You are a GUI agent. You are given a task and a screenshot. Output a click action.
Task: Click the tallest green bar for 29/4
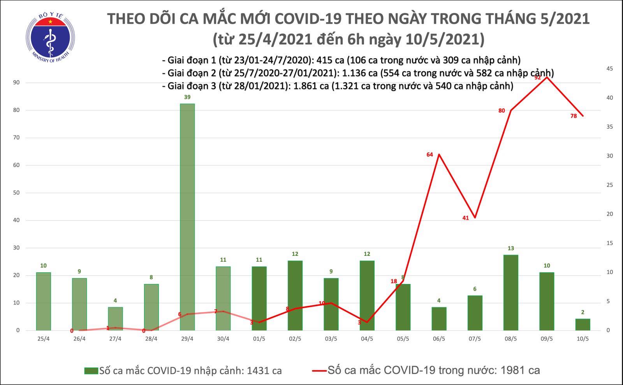(187, 216)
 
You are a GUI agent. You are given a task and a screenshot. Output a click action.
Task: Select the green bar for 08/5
(510, 292)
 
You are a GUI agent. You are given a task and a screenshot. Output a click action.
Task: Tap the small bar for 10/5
(583, 325)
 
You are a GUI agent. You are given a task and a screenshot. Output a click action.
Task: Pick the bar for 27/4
(115, 319)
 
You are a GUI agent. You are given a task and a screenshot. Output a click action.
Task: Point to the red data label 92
(538, 78)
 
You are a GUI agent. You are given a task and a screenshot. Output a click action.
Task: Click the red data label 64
(429, 155)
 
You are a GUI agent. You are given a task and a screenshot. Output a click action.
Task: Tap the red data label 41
(466, 218)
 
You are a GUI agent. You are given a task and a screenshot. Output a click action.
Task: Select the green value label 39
(187, 97)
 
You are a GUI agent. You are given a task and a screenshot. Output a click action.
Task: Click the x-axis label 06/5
(438, 339)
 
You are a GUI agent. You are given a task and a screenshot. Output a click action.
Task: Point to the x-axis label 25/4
(43, 339)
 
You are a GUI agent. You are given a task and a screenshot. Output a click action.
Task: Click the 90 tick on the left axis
(16, 83)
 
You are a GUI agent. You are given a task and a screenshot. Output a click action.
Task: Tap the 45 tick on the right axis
(609, 69)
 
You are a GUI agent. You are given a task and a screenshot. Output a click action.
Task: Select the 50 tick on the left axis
(16, 193)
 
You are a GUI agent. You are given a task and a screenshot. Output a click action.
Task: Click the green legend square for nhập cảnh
(91, 371)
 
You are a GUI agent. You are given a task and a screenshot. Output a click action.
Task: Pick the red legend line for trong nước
(319, 371)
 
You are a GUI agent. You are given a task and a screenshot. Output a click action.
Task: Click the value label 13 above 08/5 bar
(510, 248)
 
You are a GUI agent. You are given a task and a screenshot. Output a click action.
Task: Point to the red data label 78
(574, 116)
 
